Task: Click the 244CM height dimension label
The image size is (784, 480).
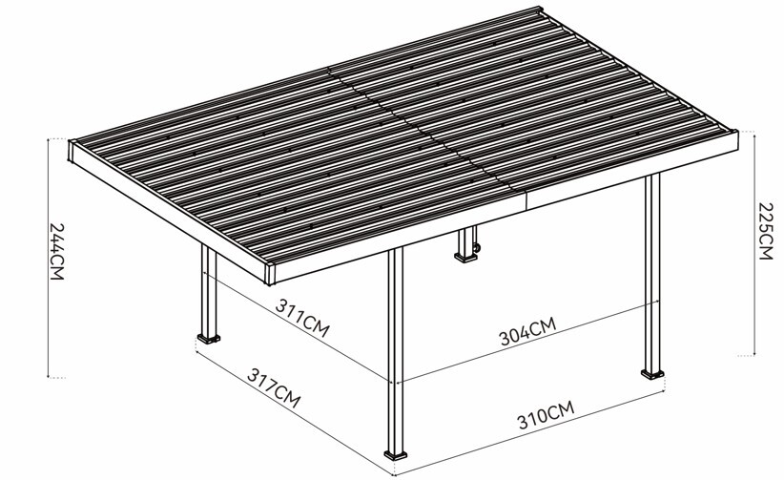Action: click(57, 251)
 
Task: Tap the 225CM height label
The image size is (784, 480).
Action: click(766, 231)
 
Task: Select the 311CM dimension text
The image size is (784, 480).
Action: click(302, 318)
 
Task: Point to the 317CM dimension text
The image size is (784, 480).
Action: click(274, 388)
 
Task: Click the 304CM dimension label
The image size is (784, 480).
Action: click(528, 331)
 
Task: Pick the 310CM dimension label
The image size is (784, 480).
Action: click(546, 415)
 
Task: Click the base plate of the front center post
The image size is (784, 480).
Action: click(396, 455)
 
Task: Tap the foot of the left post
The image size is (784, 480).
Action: click(209, 339)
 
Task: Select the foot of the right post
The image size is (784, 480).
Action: click(652, 374)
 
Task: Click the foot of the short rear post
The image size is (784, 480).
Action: click(466, 258)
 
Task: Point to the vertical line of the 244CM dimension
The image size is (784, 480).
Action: click(48, 258)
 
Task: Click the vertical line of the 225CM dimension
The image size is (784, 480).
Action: click(754, 243)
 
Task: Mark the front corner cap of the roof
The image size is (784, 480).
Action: click(270, 274)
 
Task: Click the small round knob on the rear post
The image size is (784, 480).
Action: click(477, 248)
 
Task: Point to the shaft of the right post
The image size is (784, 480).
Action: click(652, 272)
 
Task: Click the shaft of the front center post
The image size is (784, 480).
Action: click(396, 350)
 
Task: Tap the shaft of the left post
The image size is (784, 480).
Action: click(209, 289)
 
